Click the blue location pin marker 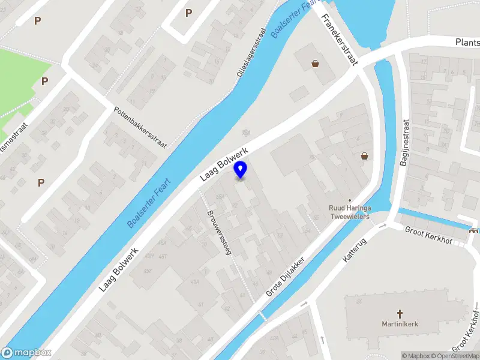pyautogui.click(x=241, y=169)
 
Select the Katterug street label pyautogui.click(x=355, y=248)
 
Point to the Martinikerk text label pyautogui.click(x=400, y=324)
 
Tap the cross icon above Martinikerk pyautogui.click(x=400, y=313)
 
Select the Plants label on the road pyautogui.click(x=467, y=42)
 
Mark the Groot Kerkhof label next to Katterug pyautogui.click(x=428, y=235)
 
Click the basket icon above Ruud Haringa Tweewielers pyautogui.click(x=364, y=156)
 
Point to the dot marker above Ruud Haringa pyautogui.click(x=350, y=201)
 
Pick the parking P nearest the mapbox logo pyautogui.click(x=41, y=182)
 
